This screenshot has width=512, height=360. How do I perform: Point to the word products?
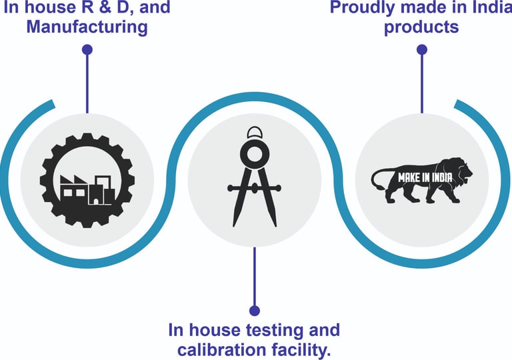[421, 27]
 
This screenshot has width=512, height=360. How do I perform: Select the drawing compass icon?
[254, 177]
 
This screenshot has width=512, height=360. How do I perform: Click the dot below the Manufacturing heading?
[87, 49]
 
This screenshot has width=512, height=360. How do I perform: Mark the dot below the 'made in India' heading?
[421, 49]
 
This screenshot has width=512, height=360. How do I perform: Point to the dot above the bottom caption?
[254, 310]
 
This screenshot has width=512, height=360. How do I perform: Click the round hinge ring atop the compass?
[254, 155]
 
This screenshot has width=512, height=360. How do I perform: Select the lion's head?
[460, 172]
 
